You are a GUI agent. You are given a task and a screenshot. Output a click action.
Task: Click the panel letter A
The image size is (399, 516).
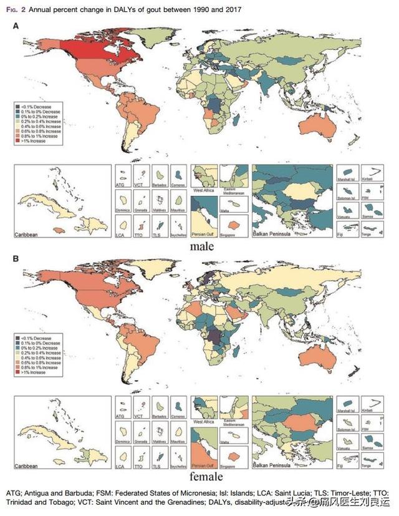tap(16, 26)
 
